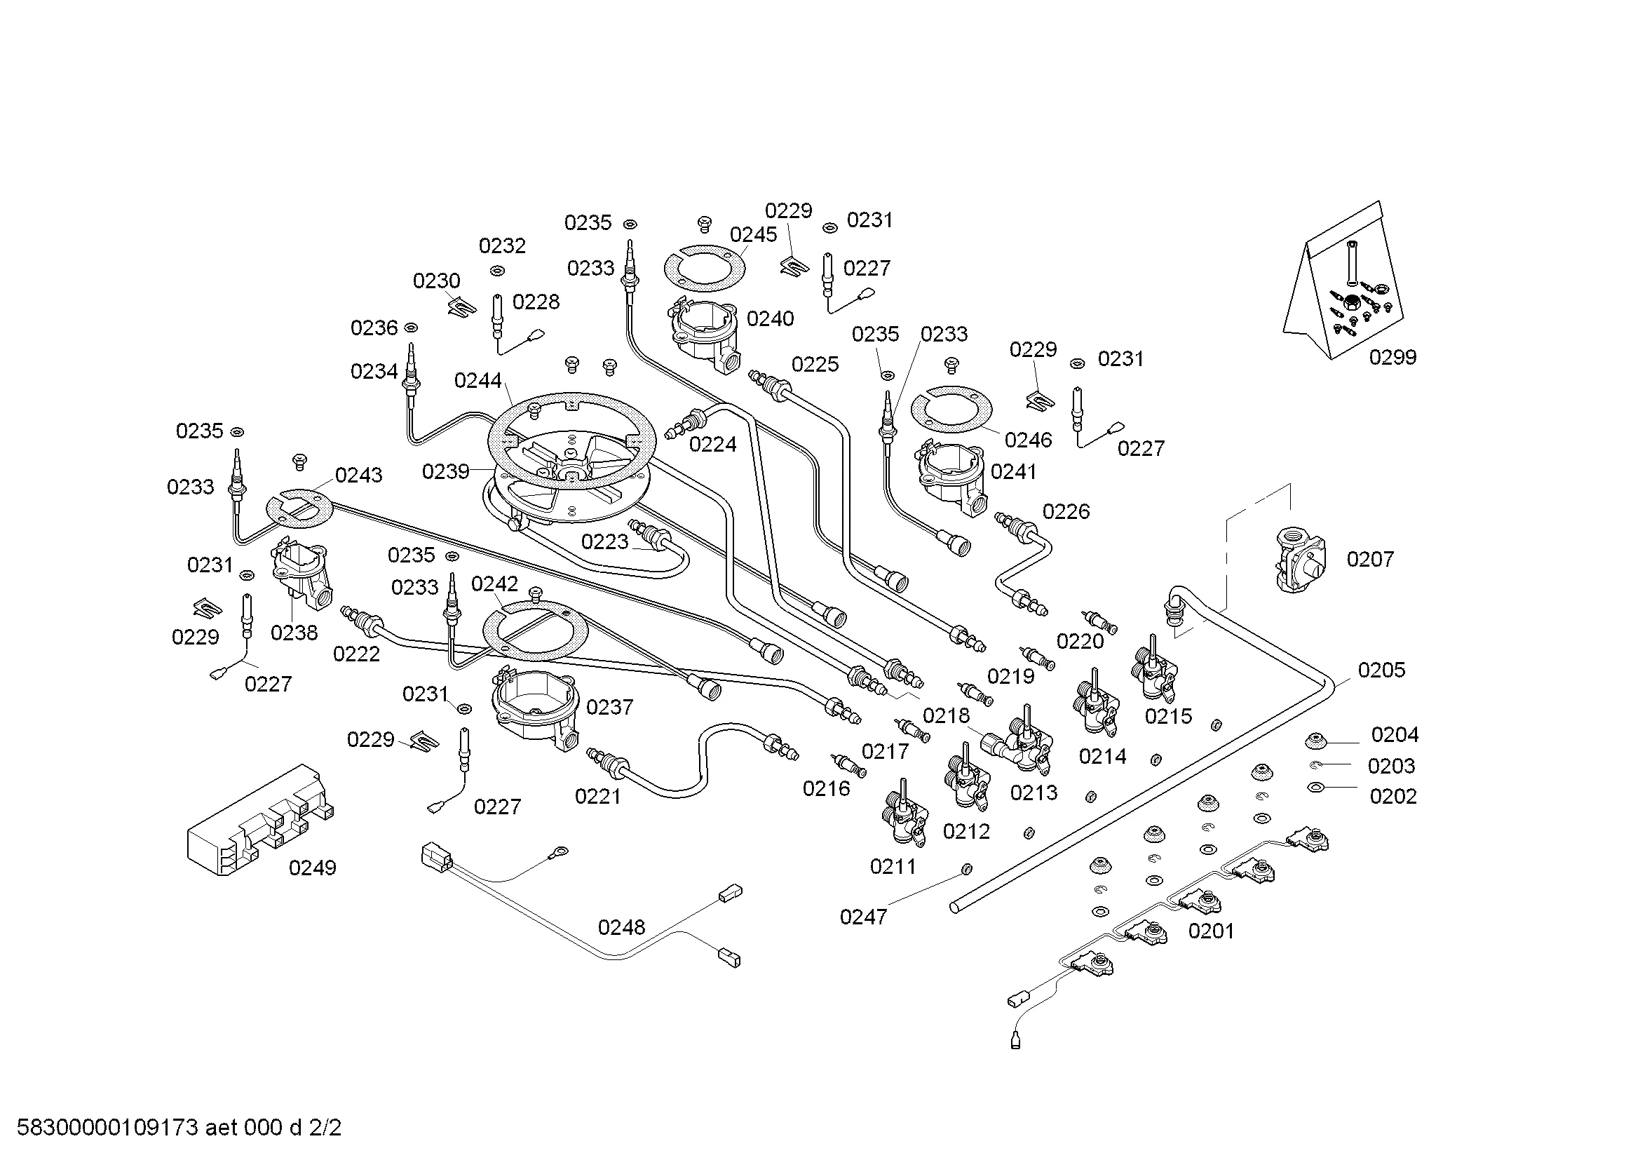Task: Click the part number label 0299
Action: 1392,357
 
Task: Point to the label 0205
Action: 1381,670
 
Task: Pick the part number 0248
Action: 621,927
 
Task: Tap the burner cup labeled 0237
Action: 536,707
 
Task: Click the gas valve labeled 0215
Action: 1153,671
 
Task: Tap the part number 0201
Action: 1212,931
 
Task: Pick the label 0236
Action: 374,328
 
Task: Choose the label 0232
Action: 502,245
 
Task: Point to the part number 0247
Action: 863,917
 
